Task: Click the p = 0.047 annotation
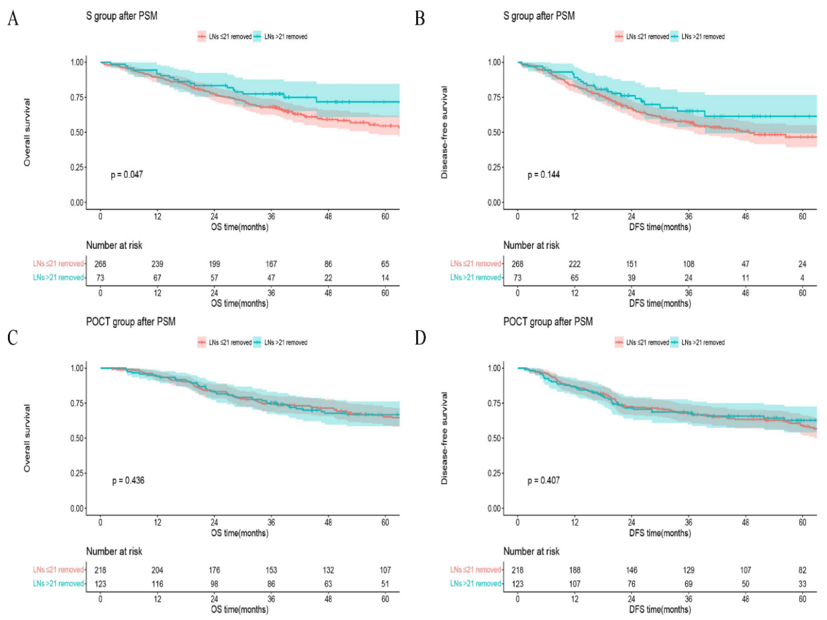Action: [x=127, y=174]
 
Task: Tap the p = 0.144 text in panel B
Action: [x=544, y=174]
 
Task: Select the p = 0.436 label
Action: [x=128, y=480]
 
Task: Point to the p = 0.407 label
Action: [x=544, y=480]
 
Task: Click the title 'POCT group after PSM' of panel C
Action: [x=131, y=322]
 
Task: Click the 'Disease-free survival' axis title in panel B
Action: [x=444, y=132]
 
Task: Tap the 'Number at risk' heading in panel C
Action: [x=114, y=551]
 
